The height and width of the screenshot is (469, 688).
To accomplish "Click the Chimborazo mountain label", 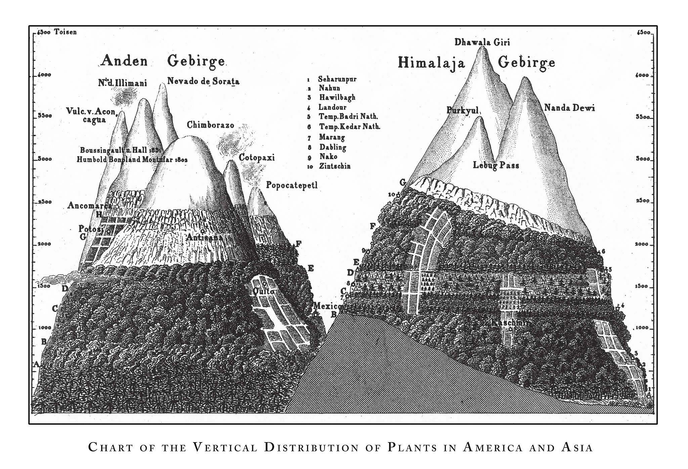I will (210, 125).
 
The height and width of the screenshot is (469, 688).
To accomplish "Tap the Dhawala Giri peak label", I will (482, 42).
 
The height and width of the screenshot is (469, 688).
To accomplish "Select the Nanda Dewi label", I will (569, 108).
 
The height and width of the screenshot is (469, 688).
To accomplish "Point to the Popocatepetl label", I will (292, 185).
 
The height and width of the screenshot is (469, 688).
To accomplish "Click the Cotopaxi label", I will (257, 157).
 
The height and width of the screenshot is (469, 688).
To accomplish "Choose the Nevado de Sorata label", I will (203, 81).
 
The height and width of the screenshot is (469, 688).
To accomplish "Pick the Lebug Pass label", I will (496, 165).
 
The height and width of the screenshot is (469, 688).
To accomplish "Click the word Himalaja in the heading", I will (431, 63).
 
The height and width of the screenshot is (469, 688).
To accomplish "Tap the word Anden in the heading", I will (124, 61).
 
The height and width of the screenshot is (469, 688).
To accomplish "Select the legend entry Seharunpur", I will (337, 80).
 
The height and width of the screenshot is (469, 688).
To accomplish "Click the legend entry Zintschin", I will (335, 166).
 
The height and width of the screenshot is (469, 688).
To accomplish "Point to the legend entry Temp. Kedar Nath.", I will (349, 127).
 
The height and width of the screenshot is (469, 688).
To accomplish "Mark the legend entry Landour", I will (332, 107).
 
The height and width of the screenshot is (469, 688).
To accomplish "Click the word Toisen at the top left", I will (66, 32).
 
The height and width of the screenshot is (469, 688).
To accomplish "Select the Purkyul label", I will (462, 110).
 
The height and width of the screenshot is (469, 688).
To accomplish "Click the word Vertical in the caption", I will (226, 448).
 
